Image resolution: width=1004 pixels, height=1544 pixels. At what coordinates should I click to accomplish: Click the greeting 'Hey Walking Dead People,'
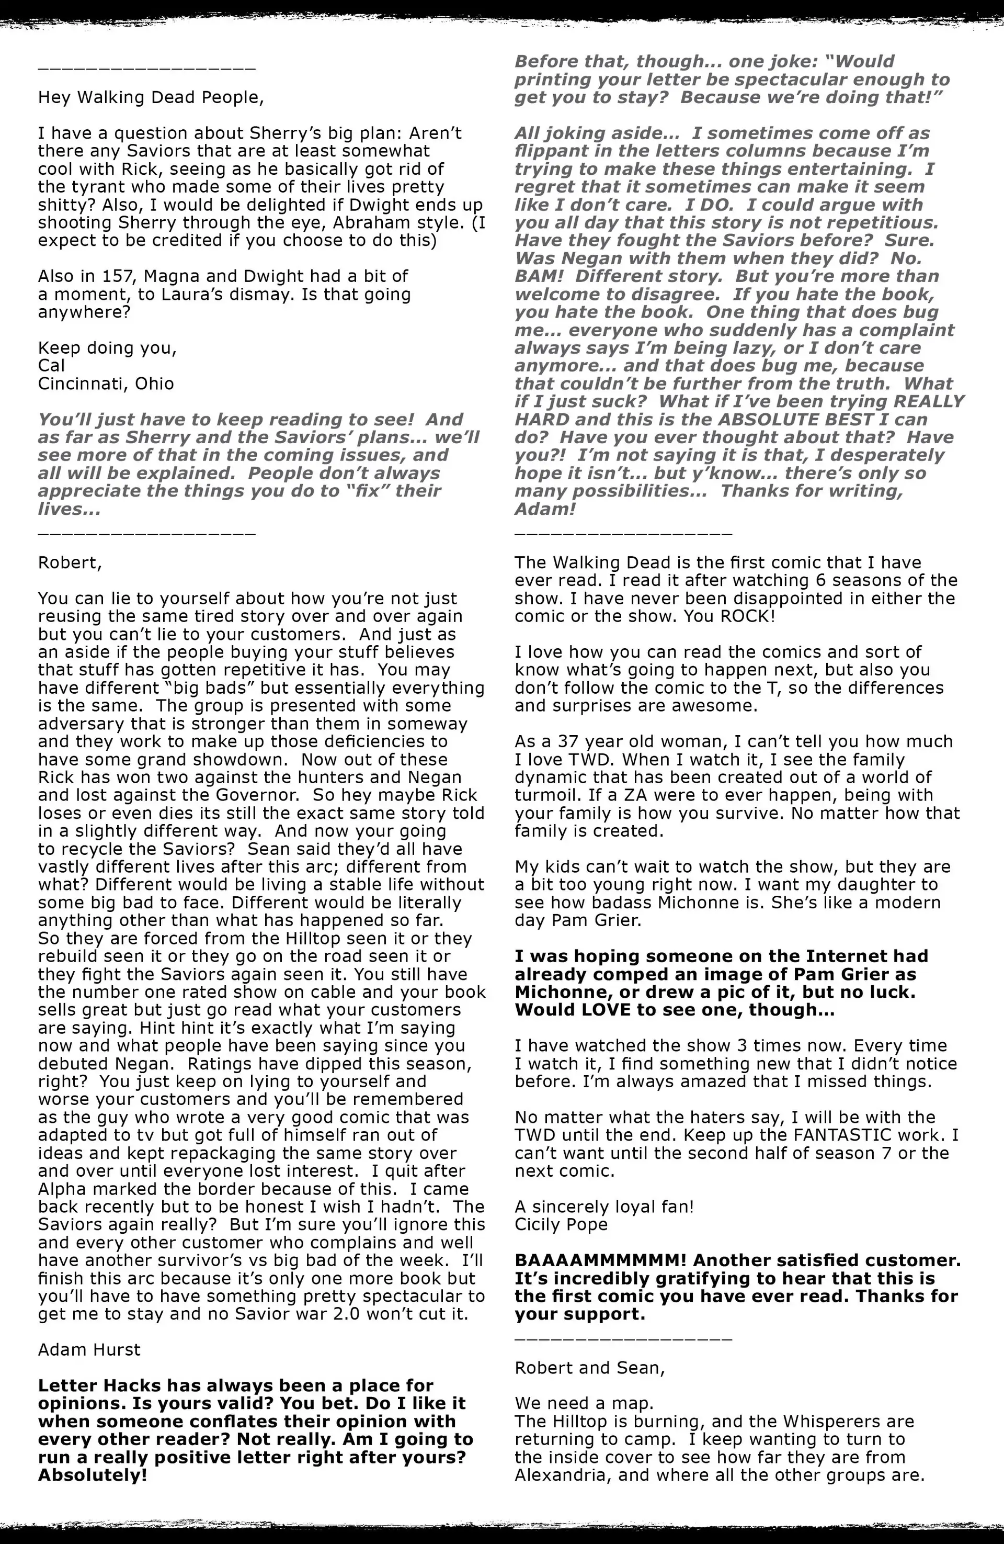pos(151,97)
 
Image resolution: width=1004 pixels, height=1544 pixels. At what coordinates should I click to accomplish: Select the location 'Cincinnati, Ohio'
pos(106,384)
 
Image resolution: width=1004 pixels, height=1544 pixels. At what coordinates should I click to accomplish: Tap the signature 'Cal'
pos(51,365)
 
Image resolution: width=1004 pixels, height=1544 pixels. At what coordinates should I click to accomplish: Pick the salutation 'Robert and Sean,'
pos(589,1368)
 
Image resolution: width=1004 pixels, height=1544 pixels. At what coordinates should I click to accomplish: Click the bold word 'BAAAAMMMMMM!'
pos(601,1260)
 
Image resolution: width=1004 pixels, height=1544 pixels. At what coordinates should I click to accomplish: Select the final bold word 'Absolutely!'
pos(93,1475)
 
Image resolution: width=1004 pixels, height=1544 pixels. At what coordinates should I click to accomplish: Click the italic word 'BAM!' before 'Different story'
pos(539,276)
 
